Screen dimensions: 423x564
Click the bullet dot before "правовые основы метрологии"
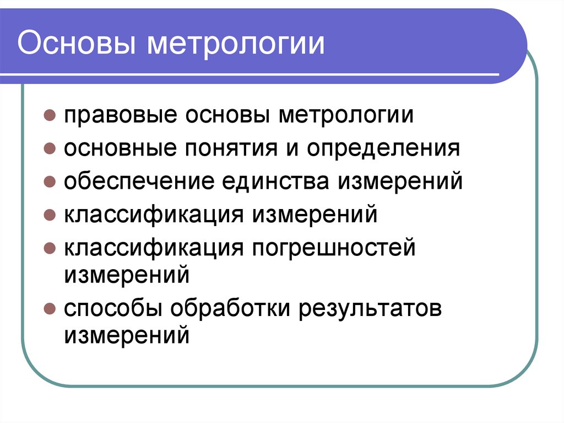point(49,117)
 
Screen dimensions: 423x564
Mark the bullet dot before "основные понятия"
point(49,149)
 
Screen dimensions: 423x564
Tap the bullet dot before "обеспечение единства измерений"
point(49,182)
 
